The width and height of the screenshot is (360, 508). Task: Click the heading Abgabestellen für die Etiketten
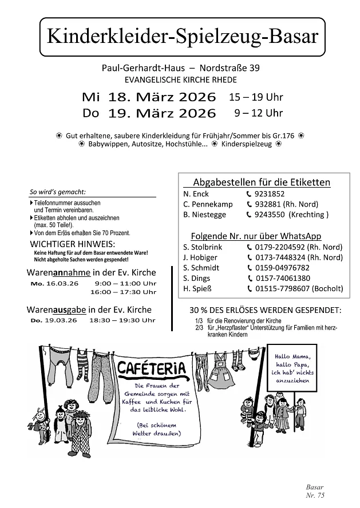[x=262, y=182]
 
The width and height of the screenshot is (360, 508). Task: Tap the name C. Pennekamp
[x=205, y=204]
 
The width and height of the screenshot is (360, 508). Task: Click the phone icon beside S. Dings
[x=250, y=278]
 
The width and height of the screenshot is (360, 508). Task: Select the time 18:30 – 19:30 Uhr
[x=122, y=320]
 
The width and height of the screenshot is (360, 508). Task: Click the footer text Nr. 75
[x=315, y=495]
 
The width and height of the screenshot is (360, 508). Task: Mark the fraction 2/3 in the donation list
[x=199, y=328]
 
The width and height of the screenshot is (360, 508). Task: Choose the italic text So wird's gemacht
[x=57, y=192]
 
